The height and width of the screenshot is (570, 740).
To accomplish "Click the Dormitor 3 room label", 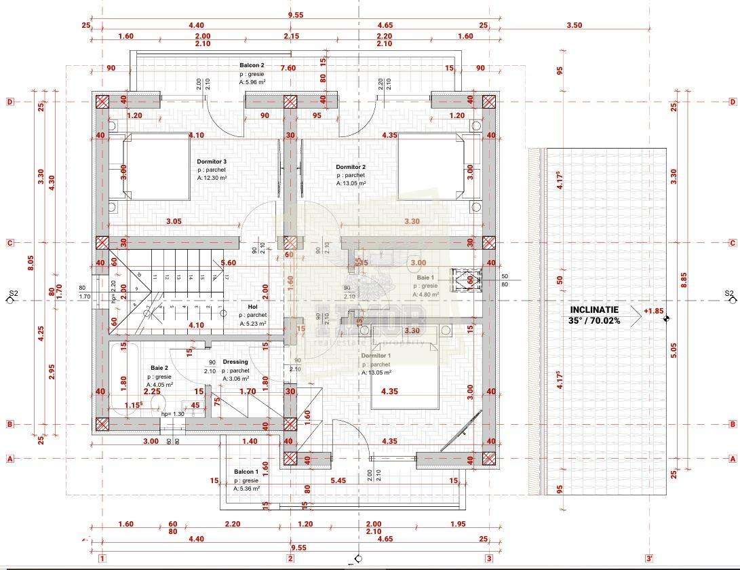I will pos(212,161).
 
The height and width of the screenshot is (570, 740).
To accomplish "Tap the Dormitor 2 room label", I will pos(351,167).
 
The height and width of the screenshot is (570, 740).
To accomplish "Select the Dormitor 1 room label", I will pos(375,356).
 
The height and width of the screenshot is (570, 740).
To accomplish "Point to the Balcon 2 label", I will pos(252,65).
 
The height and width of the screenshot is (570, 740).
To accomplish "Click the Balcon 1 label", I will pos(246,471).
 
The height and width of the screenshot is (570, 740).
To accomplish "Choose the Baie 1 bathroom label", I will pos(425,278).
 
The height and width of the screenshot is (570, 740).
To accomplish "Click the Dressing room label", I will pos(235,362).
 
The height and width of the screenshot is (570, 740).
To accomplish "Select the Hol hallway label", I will pos(252,307).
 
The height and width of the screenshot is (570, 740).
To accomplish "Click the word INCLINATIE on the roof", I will pos(594,309).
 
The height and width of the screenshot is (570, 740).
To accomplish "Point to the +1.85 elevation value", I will pos(653,311).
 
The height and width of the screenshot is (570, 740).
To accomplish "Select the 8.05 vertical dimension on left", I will pos(31,263).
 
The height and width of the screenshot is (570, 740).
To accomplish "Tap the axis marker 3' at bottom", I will pos(649,558).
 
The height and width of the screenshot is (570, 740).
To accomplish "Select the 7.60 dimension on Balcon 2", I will pos(288,68).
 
